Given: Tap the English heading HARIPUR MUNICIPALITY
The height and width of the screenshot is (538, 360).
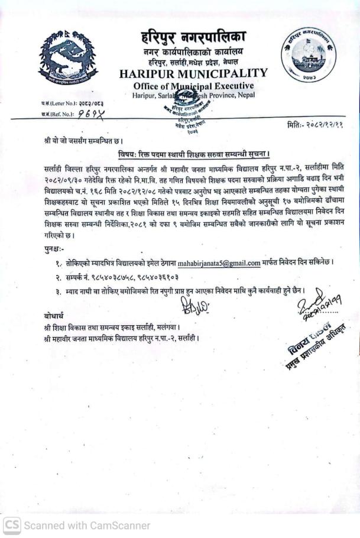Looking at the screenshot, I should click(x=193, y=74).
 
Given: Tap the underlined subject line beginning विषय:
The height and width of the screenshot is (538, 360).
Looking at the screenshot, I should click(x=193, y=155).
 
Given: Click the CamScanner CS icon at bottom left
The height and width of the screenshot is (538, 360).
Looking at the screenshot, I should click(x=12, y=524).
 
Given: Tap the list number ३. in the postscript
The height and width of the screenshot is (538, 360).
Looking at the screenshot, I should click(x=59, y=291).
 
